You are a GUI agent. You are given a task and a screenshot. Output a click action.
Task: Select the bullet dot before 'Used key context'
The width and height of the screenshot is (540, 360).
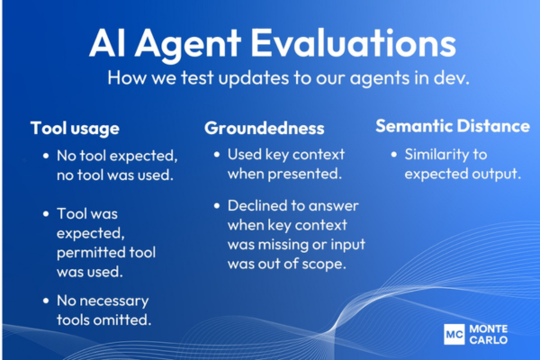click(218, 154)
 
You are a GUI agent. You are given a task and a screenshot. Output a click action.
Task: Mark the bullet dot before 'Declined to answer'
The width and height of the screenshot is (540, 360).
click(218, 205)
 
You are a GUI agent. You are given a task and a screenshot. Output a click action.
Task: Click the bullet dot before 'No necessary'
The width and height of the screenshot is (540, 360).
click(46, 301)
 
